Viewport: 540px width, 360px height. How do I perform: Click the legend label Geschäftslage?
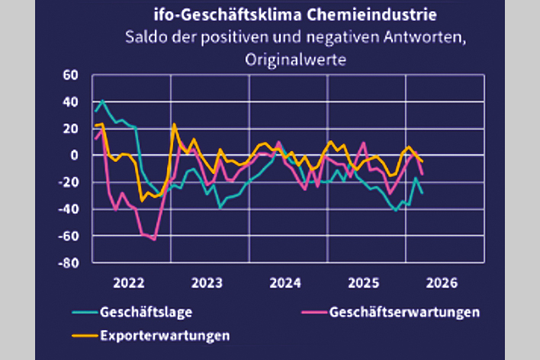pos(142,312)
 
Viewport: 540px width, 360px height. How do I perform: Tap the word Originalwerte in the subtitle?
pos(296,59)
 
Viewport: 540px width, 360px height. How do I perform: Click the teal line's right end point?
pos(423,193)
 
